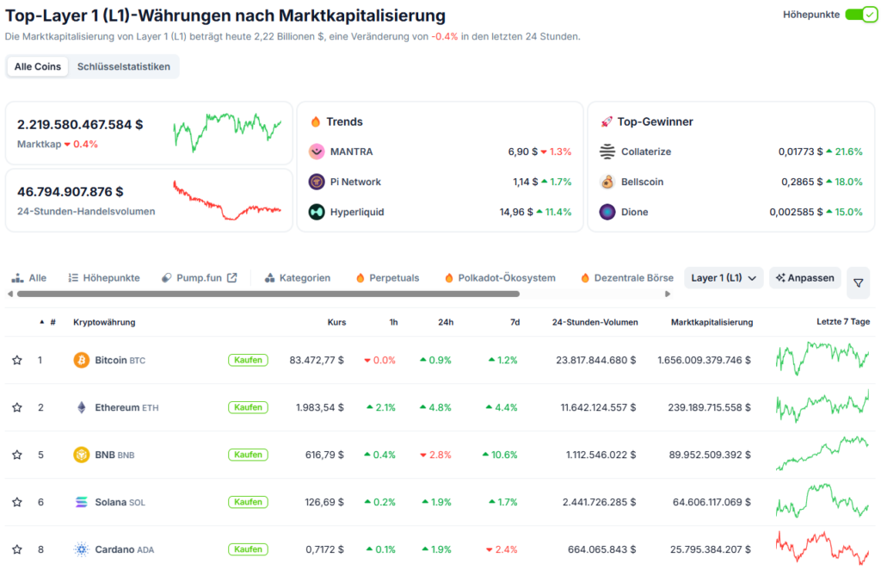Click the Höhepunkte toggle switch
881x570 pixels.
pyautogui.click(x=859, y=15)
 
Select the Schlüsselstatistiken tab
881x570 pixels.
pyautogui.click(x=123, y=66)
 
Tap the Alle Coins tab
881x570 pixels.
pyautogui.click(x=37, y=66)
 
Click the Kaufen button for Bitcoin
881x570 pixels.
pyautogui.click(x=248, y=360)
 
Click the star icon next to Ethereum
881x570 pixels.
pyautogui.click(x=16, y=407)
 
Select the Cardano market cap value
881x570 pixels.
pyautogui.click(x=704, y=549)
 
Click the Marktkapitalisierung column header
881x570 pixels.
pyautogui.click(x=712, y=322)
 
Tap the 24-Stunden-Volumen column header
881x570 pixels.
pyautogui.click(x=595, y=322)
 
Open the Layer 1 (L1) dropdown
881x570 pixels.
pyautogui.click(x=724, y=278)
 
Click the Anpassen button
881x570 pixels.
pyautogui.click(x=804, y=278)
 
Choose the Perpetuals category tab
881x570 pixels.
pyautogui.click(x=387, y=278)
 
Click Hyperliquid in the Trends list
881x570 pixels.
pyautogui.click(x=356, y=212)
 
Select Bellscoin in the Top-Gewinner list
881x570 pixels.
pyautogui.click(x=642, y=182)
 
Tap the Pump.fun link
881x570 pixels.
pyautogui.click(x=200, y=278)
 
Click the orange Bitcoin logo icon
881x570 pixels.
pyautogui.click(x=82, y=360)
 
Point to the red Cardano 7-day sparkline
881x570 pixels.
pyautogui.click(x=822, y=548)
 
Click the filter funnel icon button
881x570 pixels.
pyautogui.click(x=858, y=282)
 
